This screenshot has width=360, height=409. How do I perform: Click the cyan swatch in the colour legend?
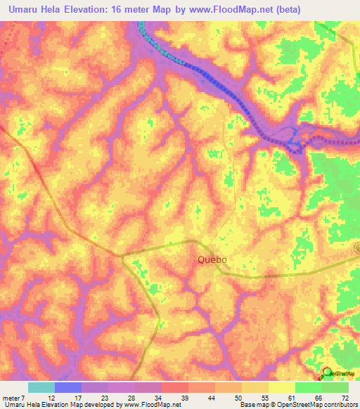click(x=41, y=387)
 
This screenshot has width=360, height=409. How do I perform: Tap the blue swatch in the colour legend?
click(x=68, y=387)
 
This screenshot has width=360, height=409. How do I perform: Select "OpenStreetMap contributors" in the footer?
click(x=316, y=405)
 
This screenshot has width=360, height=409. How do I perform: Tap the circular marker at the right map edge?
click(x=357, y=247)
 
